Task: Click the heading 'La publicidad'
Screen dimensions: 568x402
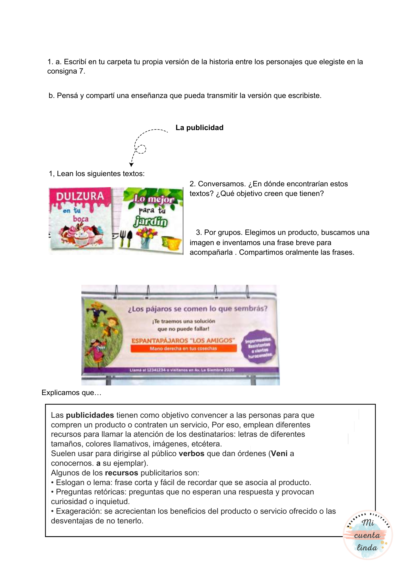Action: [x=199, y=128]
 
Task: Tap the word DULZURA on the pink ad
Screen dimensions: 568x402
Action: [x=80, y=197]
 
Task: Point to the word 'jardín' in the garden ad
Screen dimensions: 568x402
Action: [x=151, y=222]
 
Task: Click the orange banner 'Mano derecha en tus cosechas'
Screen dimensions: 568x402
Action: [x=183, y=348]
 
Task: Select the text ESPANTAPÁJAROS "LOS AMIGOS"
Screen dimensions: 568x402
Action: [x=183, y=340]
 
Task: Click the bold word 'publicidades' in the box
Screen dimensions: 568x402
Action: [x=90, y=415]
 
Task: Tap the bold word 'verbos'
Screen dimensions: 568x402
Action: [x=191, y=454]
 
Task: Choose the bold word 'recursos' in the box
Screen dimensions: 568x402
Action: [x=121, y=473]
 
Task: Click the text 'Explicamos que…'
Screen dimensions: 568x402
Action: [x=71, y=393]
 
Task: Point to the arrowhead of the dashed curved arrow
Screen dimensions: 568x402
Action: [x=131, y=165]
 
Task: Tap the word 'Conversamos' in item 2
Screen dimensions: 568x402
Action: [x=222, y=184]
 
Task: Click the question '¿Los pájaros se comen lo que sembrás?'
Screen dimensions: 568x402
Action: [x=198, y=309]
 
